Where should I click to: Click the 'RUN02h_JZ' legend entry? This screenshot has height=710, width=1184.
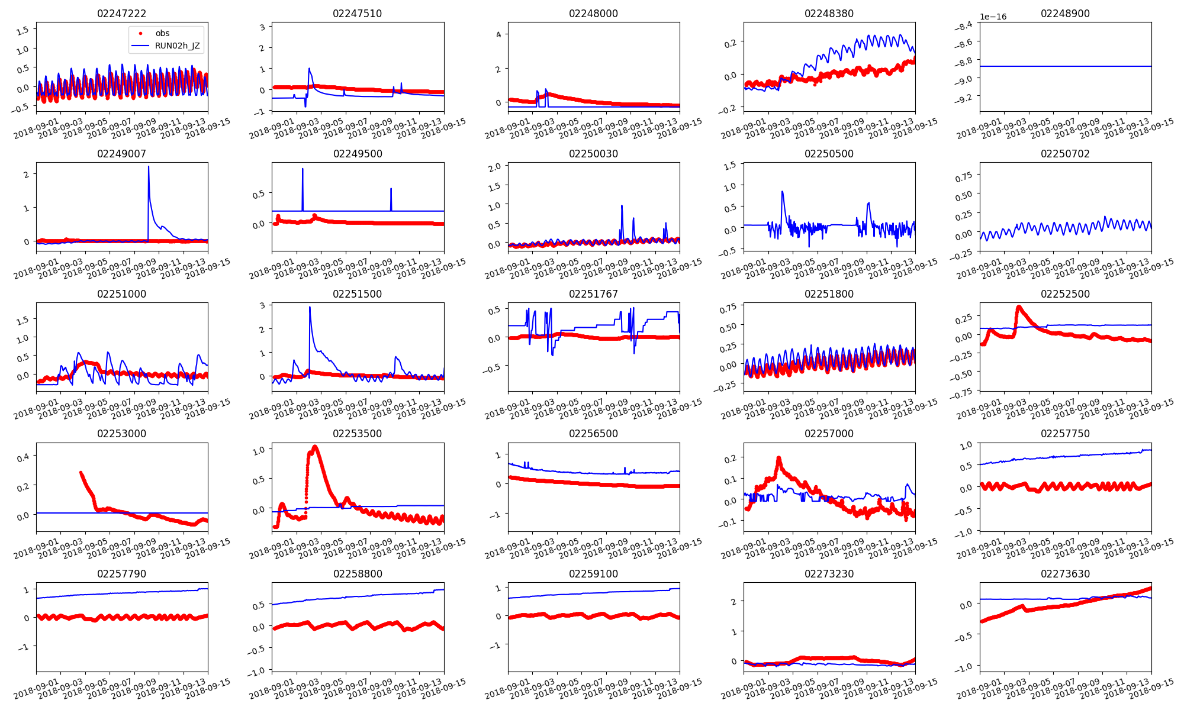tap(177, 46)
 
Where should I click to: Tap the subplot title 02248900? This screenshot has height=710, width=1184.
tap(1065, 14)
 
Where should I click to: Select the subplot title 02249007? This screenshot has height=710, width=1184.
tap(121, 154)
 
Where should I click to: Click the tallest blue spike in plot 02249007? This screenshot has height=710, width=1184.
tap(148, 167)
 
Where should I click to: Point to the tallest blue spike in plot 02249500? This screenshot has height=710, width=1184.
tap(303, 169)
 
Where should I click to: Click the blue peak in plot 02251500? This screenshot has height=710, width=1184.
tap(310, 307)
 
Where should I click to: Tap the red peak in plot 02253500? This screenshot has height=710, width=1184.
tap(315, 447)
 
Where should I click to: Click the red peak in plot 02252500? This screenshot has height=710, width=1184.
tap(1018, 306)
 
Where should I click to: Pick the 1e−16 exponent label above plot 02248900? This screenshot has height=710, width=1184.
tap(993, 17)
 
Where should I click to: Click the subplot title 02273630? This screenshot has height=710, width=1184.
tap(1065, 574)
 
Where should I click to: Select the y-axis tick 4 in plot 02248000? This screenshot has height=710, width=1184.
tap(498, 35)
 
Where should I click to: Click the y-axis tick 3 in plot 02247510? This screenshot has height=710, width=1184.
tap(262, 27)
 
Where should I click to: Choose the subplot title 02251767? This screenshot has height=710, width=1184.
tap(593, 294)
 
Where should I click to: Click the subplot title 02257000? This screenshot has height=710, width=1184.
tap(829, 434)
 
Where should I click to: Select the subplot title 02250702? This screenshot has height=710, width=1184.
tap(1065, 154)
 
